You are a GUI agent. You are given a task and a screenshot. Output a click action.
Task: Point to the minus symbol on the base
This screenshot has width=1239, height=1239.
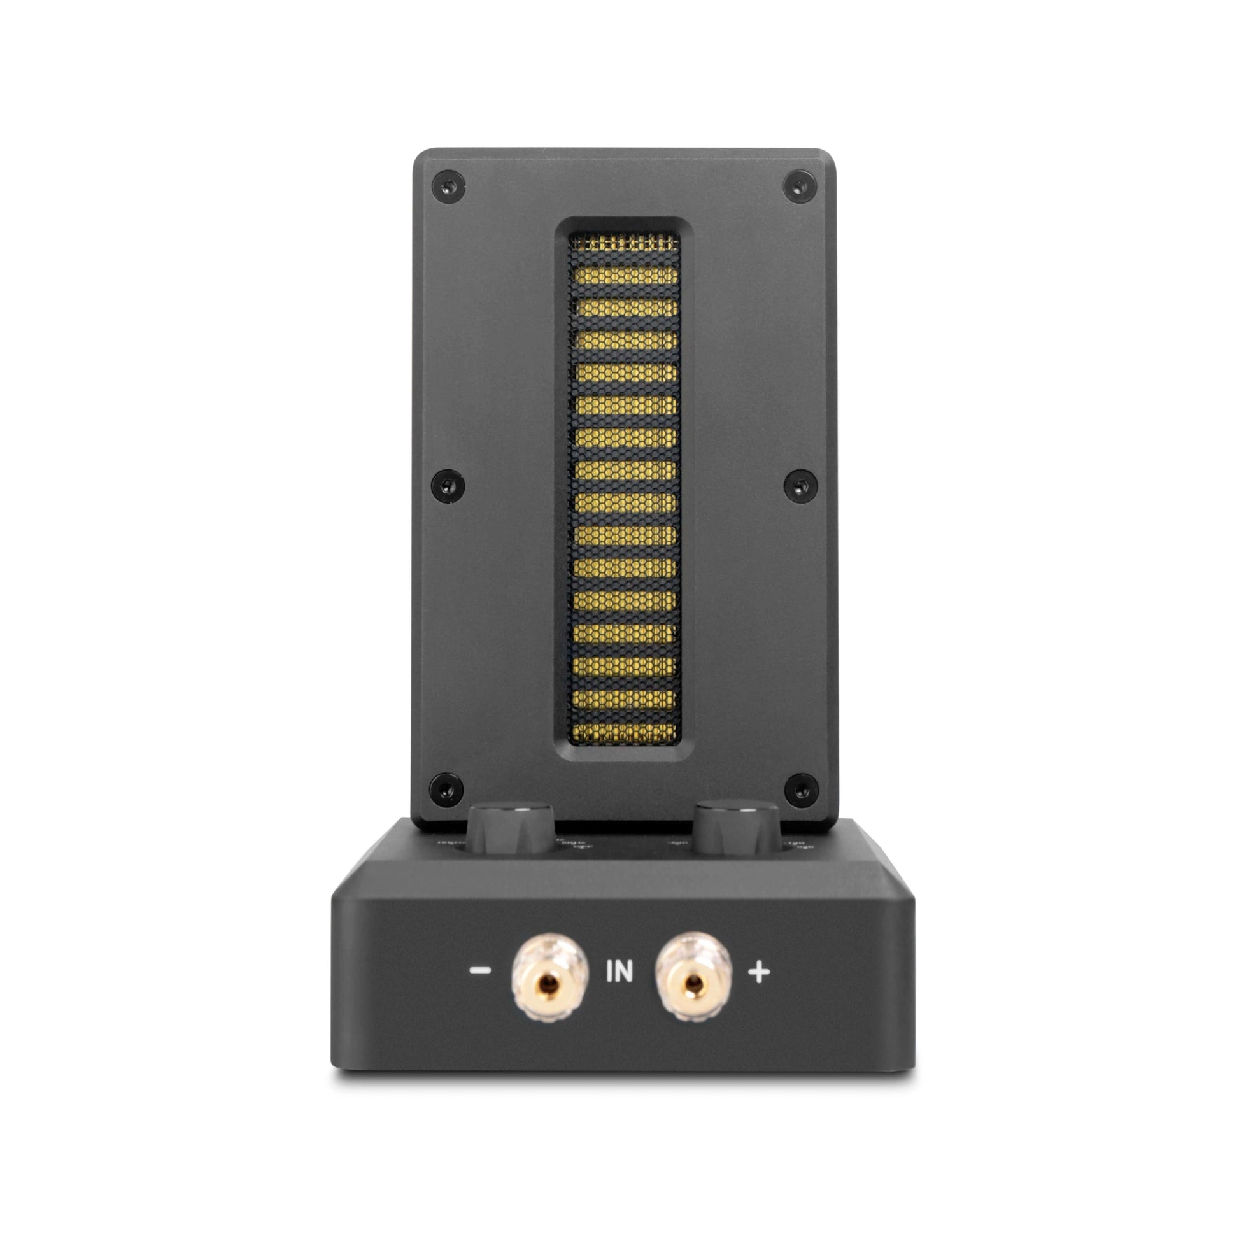[x=479, y=988]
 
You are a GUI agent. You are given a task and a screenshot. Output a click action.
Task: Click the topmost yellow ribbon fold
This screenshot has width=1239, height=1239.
[x=625, y=243]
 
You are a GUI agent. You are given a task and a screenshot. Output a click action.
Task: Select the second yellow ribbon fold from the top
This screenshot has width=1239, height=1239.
[x=625, y=276]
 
